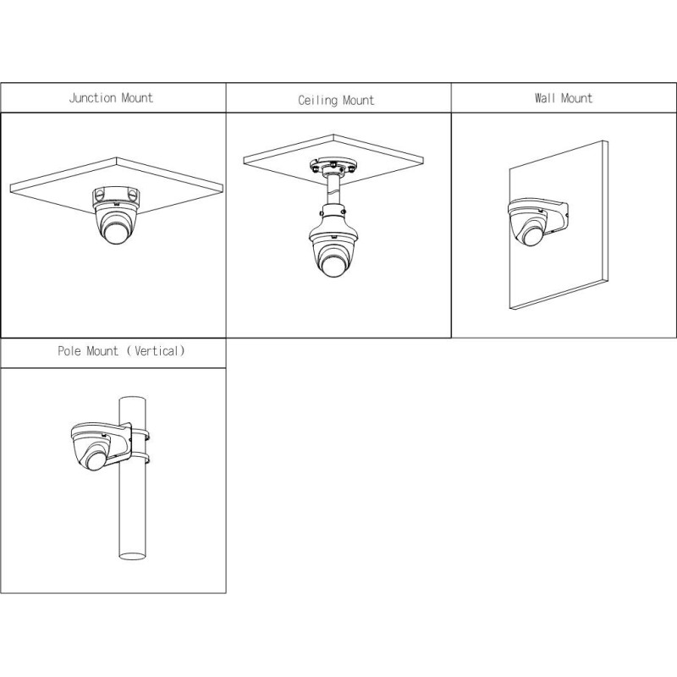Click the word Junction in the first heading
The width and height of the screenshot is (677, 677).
pyautogui.click(x=92, y=98)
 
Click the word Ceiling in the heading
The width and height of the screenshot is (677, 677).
pyautogui.click(x=318, y=101)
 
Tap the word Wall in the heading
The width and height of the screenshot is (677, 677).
pyautogui.click(x=544, y=98)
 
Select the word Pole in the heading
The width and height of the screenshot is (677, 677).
pyautogui.click(x=69, y=350)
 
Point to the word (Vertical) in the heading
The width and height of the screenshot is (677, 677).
pyautogui.click(x=156, y=351)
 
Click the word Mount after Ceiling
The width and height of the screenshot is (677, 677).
pyautogui.click(x=358, y=101)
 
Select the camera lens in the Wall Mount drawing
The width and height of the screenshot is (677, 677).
pyautogui.click(x=532, y=236)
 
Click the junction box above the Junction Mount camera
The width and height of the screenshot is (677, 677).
pyautogui.click(x=116, y=195)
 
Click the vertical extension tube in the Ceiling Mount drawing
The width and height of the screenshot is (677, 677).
pyautogui.click(x=333, y=190)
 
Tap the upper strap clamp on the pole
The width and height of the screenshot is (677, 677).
pyautogui.click(x=140, y=435)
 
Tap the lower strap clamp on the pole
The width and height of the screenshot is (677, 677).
pyautogui.click(x=140, y=458)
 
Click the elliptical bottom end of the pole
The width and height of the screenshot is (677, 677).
pyautogui.click(x=132, y=556)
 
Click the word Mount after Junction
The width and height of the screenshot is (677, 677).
pyautogui.click(x=137, y=98)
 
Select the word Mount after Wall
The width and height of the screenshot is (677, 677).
pyautogui.click(x=576, y=98)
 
